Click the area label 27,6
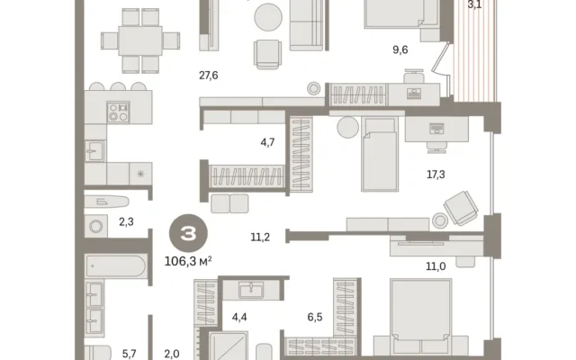208,76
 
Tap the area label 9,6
400,49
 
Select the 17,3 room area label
436,174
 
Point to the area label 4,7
267,142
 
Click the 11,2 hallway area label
260,238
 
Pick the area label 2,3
126,222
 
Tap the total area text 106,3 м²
188,261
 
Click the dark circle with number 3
188,233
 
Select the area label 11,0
436,266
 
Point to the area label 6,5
315,317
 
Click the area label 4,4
239,317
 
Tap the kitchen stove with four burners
118,112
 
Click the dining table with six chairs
140,40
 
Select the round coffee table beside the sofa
268,17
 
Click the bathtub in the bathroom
116,265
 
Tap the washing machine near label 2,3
96,226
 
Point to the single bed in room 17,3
380,154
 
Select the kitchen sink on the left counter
95,151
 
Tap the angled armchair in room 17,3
462,208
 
